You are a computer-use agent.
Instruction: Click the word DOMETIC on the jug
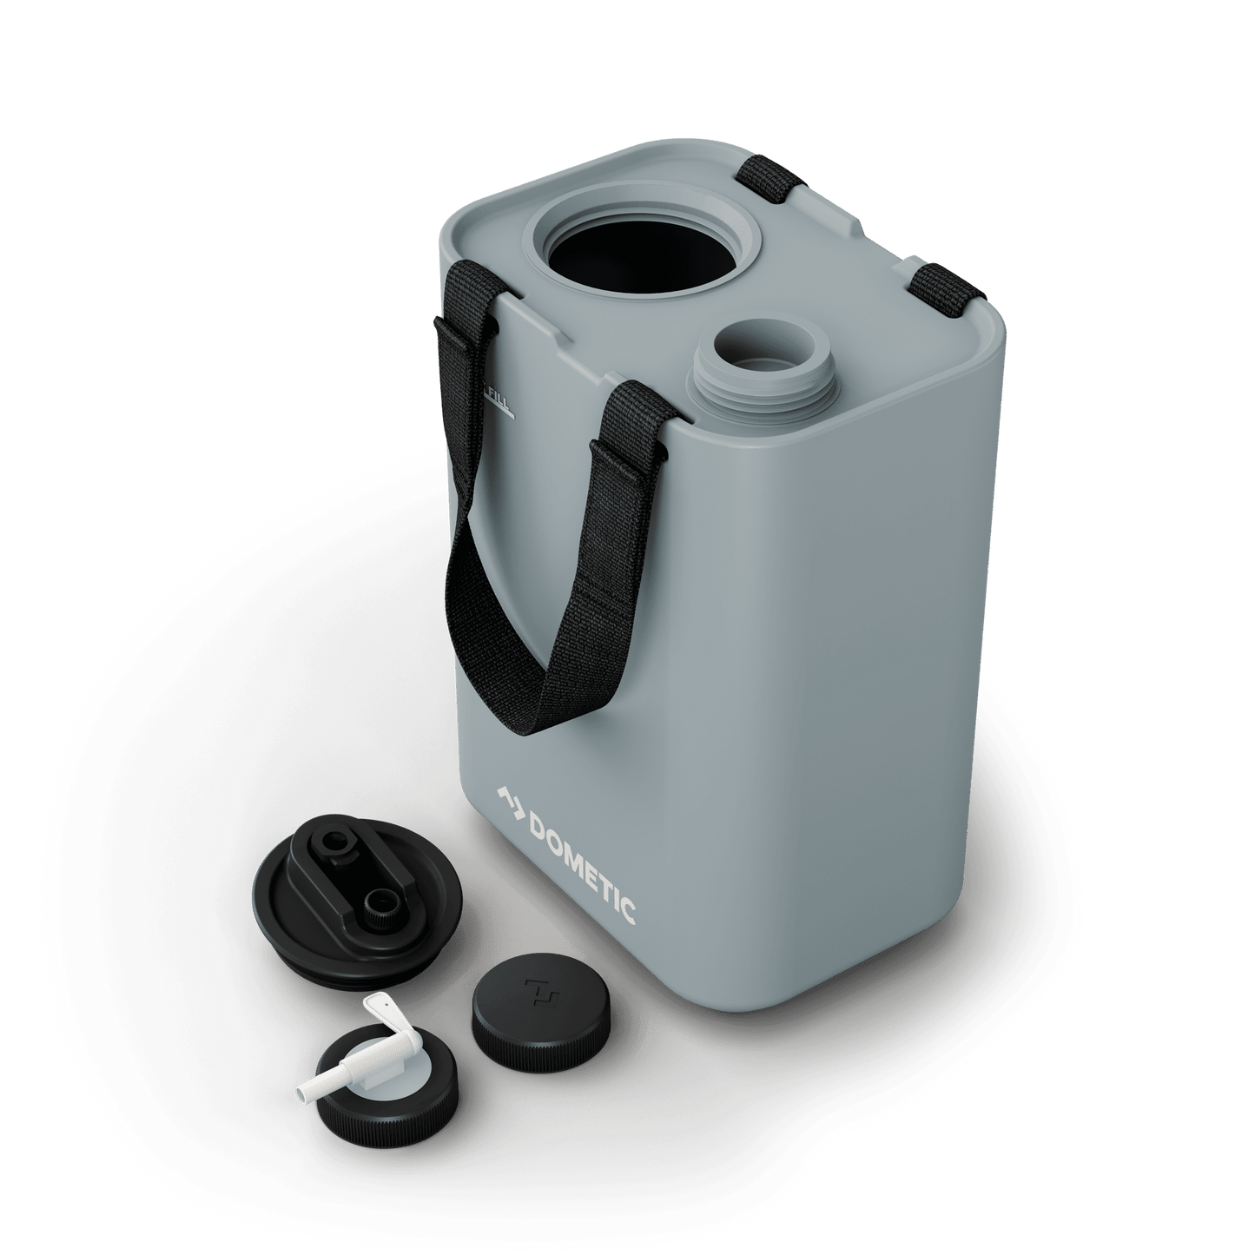(x=581, y=859)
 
